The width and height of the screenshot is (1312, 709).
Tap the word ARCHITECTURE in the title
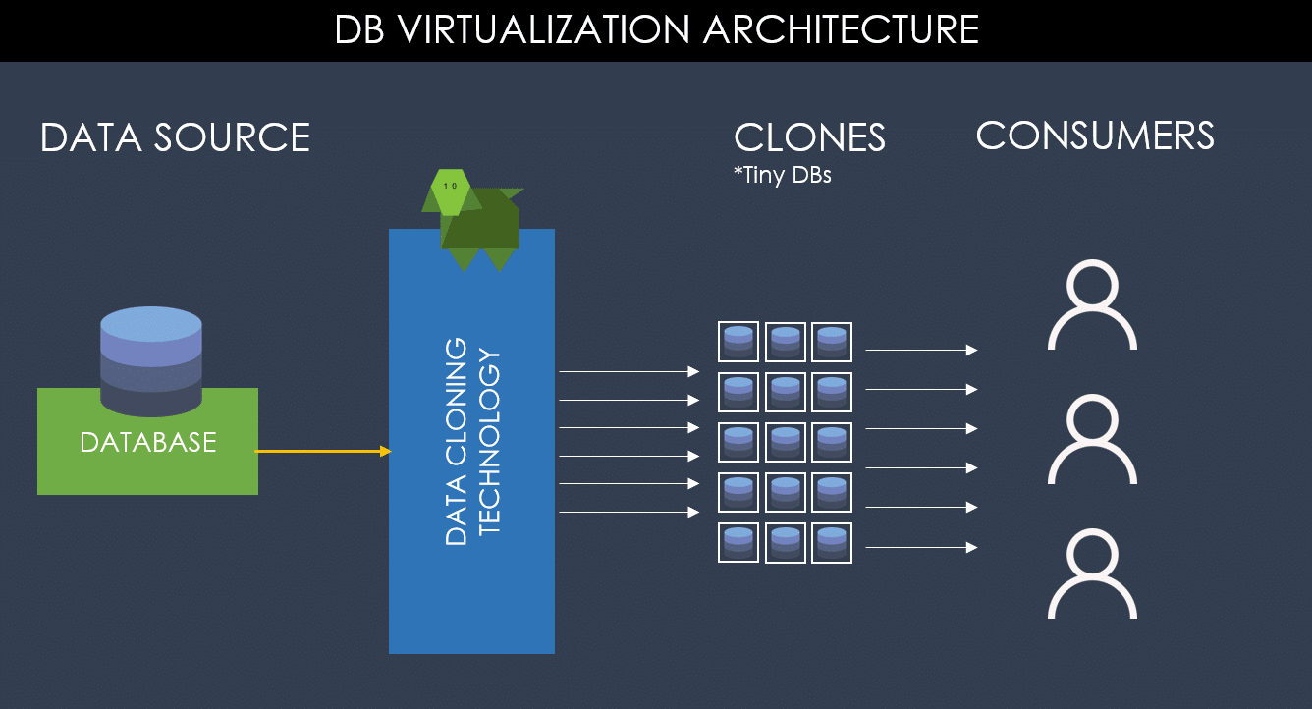841,29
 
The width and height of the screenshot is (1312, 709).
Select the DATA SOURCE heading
175,137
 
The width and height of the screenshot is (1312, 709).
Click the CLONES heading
809,137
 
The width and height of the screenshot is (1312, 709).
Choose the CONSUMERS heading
1095,136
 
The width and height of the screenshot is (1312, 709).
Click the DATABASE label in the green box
147,443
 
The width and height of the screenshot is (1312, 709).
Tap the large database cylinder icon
151,359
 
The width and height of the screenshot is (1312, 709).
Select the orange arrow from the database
323,451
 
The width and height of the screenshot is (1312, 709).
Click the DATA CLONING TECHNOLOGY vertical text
472,441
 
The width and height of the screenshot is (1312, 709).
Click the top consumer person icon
1092,305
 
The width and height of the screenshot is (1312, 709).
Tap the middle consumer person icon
1092,440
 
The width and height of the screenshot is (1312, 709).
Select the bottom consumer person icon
1092,574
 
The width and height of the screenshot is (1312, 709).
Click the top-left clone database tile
738,342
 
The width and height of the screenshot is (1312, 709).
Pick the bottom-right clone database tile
832,543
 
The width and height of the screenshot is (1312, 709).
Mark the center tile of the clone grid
786,443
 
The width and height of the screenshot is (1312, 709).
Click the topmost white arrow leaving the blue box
629,372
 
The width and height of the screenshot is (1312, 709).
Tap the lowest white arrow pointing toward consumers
921,547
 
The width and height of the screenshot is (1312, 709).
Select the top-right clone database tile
832,342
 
